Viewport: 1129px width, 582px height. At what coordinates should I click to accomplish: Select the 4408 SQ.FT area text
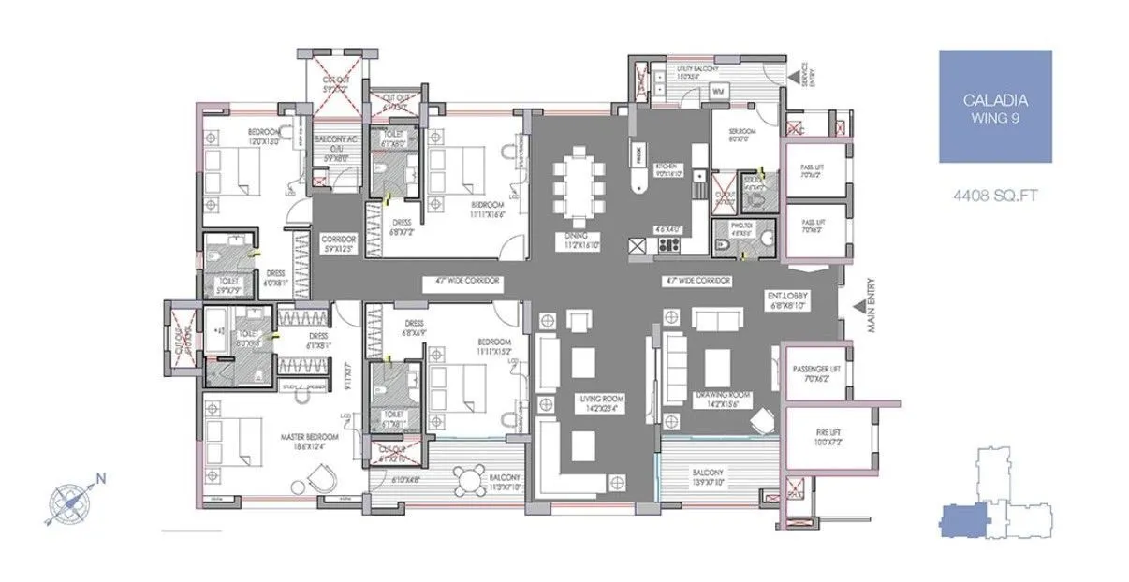click(x=995, y=197)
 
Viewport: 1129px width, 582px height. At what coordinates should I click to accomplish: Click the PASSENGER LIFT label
click(x=817, y=372)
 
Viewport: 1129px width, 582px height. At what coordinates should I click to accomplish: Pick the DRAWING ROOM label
click(x=725, y=399)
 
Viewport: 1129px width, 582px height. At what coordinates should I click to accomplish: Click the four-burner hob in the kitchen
click(x=668, y=245)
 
